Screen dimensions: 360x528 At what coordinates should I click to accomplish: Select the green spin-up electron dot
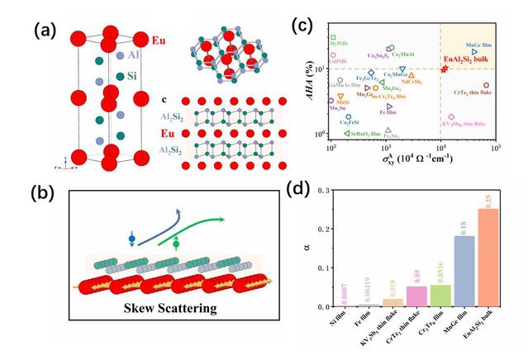[175, 244]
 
